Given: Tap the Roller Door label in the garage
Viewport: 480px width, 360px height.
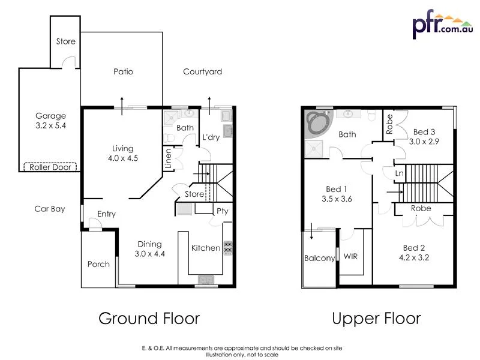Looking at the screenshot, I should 50,167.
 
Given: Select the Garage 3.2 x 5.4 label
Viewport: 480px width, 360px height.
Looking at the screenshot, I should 50,121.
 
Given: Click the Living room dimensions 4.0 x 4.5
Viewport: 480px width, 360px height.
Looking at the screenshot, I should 122,159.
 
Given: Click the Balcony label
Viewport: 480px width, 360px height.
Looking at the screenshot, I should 319,258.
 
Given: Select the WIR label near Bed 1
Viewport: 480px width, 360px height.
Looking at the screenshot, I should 351,256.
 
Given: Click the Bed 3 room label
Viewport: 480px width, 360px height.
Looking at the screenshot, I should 424,132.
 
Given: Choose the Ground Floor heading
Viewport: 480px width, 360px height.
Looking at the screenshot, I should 149,318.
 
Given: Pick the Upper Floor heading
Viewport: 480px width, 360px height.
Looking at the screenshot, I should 376,318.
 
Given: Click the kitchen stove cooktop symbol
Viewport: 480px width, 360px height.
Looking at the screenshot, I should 227,247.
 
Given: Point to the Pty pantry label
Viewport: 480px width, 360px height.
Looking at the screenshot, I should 222,211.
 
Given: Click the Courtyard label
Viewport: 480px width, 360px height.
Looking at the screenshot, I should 202,71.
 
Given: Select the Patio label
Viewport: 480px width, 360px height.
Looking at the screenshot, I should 123,71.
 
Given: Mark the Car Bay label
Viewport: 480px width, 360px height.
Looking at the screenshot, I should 50,209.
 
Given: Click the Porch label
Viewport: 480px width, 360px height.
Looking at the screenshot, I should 98,264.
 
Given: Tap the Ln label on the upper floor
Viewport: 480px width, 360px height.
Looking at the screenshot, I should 398,173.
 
